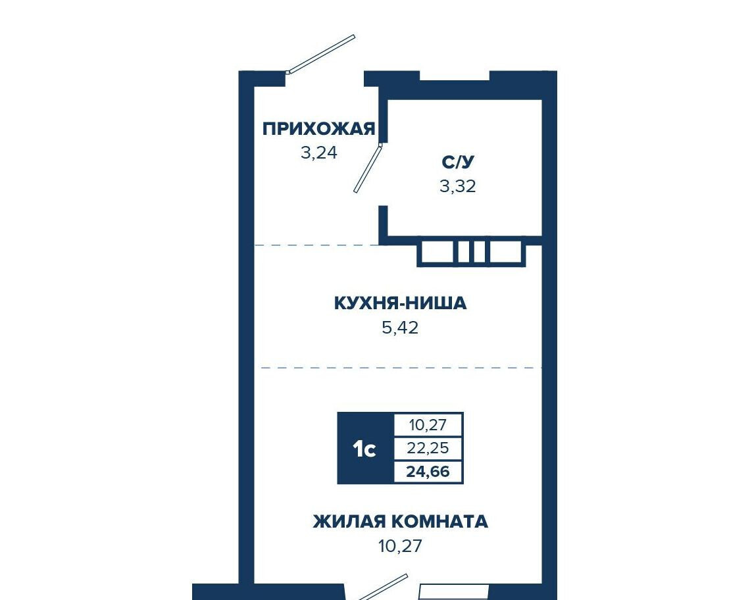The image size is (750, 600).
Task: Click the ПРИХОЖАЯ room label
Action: (x=318, y=129)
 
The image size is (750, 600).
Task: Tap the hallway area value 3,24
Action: (x=319, y=153)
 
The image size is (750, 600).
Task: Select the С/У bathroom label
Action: (x=458, y=162)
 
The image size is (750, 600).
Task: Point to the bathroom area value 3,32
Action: (x=458, y=186)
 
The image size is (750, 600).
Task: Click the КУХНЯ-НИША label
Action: (x=400, y=303)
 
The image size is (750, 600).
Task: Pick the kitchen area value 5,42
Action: (x=400, y=328)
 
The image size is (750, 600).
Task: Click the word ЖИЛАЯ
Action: (x=349, y=521)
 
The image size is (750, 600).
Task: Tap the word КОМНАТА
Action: (x=440, y=521)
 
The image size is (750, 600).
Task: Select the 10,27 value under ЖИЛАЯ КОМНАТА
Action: (x=400, y=546)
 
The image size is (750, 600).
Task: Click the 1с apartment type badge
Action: (x=365, y=448)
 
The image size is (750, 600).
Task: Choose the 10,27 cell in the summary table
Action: (x=428, y=424)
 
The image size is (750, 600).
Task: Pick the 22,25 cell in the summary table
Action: (x=428, y=448)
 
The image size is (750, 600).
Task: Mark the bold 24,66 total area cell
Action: (x=428, y=472)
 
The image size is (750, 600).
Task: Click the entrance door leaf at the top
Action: (x=321, y=54)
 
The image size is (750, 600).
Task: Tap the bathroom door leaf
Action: (x=368, y=168)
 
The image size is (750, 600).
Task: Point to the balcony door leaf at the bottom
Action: (x=383, y=587)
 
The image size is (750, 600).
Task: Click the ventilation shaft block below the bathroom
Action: (x=472, y=252)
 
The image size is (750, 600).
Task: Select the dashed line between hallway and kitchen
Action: (x=316, y=245)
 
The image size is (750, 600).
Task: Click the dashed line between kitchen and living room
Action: (x=401, y=368)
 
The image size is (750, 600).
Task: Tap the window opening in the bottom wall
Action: (x=454, y=592)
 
